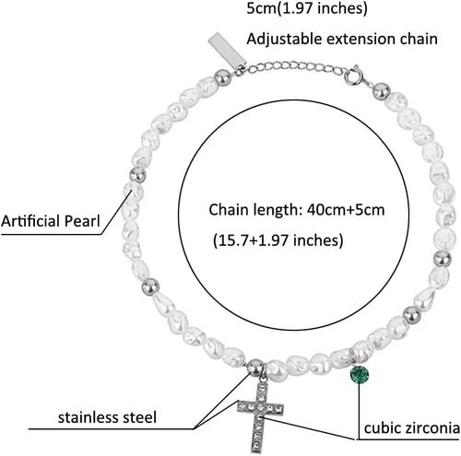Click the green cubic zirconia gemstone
pos(360,375)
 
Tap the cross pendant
pos(260,415)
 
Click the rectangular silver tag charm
pos(227,50)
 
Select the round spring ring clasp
pos(352,76)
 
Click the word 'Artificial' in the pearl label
pos(30,221)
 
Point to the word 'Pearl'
pos(82,221)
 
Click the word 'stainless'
pos(88,417)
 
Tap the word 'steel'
pos(139,417)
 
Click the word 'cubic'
pos(383,428)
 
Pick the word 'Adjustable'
pos(284,40)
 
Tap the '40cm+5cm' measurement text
pos(346,210)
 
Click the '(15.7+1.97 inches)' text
pos(278,240)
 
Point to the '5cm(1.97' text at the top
pos(279,8)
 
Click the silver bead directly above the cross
pos(255,368)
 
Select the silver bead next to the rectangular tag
pos(223,77)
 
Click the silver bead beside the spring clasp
pos(382,91)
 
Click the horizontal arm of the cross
pos(260,407)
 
